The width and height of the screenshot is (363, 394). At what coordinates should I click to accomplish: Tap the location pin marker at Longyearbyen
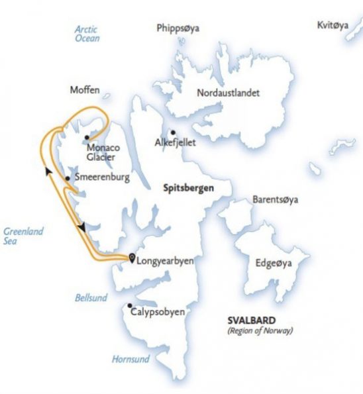[131, 258]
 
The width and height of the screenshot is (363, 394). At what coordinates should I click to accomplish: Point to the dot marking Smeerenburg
[68, 178]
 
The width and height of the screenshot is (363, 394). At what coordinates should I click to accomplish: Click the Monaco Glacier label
[103, 152]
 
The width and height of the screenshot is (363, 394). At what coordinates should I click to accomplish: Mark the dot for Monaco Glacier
[87, 137]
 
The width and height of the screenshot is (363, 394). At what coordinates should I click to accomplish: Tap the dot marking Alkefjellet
[172, 132]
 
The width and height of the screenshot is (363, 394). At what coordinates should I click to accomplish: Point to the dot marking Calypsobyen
[129, 305]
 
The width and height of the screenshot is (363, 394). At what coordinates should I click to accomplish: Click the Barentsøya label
[274, 200]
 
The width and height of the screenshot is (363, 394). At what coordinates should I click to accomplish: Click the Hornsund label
[130, 359]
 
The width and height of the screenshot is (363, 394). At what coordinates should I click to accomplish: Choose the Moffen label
[83, 88]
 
